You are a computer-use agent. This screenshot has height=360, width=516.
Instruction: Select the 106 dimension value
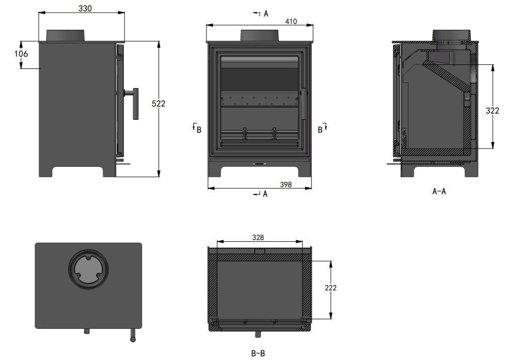coord(21,54)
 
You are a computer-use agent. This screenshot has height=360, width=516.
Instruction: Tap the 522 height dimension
coord(159,104)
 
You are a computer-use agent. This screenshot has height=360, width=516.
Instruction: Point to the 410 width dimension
coord(291,22)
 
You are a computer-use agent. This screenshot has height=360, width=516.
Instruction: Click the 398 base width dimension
coord(286,185)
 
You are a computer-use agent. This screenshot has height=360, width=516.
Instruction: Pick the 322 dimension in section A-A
coord(493,110)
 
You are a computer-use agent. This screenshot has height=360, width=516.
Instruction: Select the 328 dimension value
coord(258,237)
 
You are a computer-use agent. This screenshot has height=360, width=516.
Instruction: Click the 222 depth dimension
coord(331,288)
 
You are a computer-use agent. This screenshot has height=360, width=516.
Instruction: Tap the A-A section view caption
coord(439,191)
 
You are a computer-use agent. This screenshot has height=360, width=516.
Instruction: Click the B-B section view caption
coord(258,354)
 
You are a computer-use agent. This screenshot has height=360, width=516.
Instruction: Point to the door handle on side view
coord(133,103)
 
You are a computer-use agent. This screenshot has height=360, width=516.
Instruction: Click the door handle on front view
coord(304,104)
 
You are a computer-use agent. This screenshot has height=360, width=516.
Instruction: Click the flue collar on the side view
coord(66,36)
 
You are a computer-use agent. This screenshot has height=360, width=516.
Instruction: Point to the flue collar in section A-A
coord(452,37)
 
